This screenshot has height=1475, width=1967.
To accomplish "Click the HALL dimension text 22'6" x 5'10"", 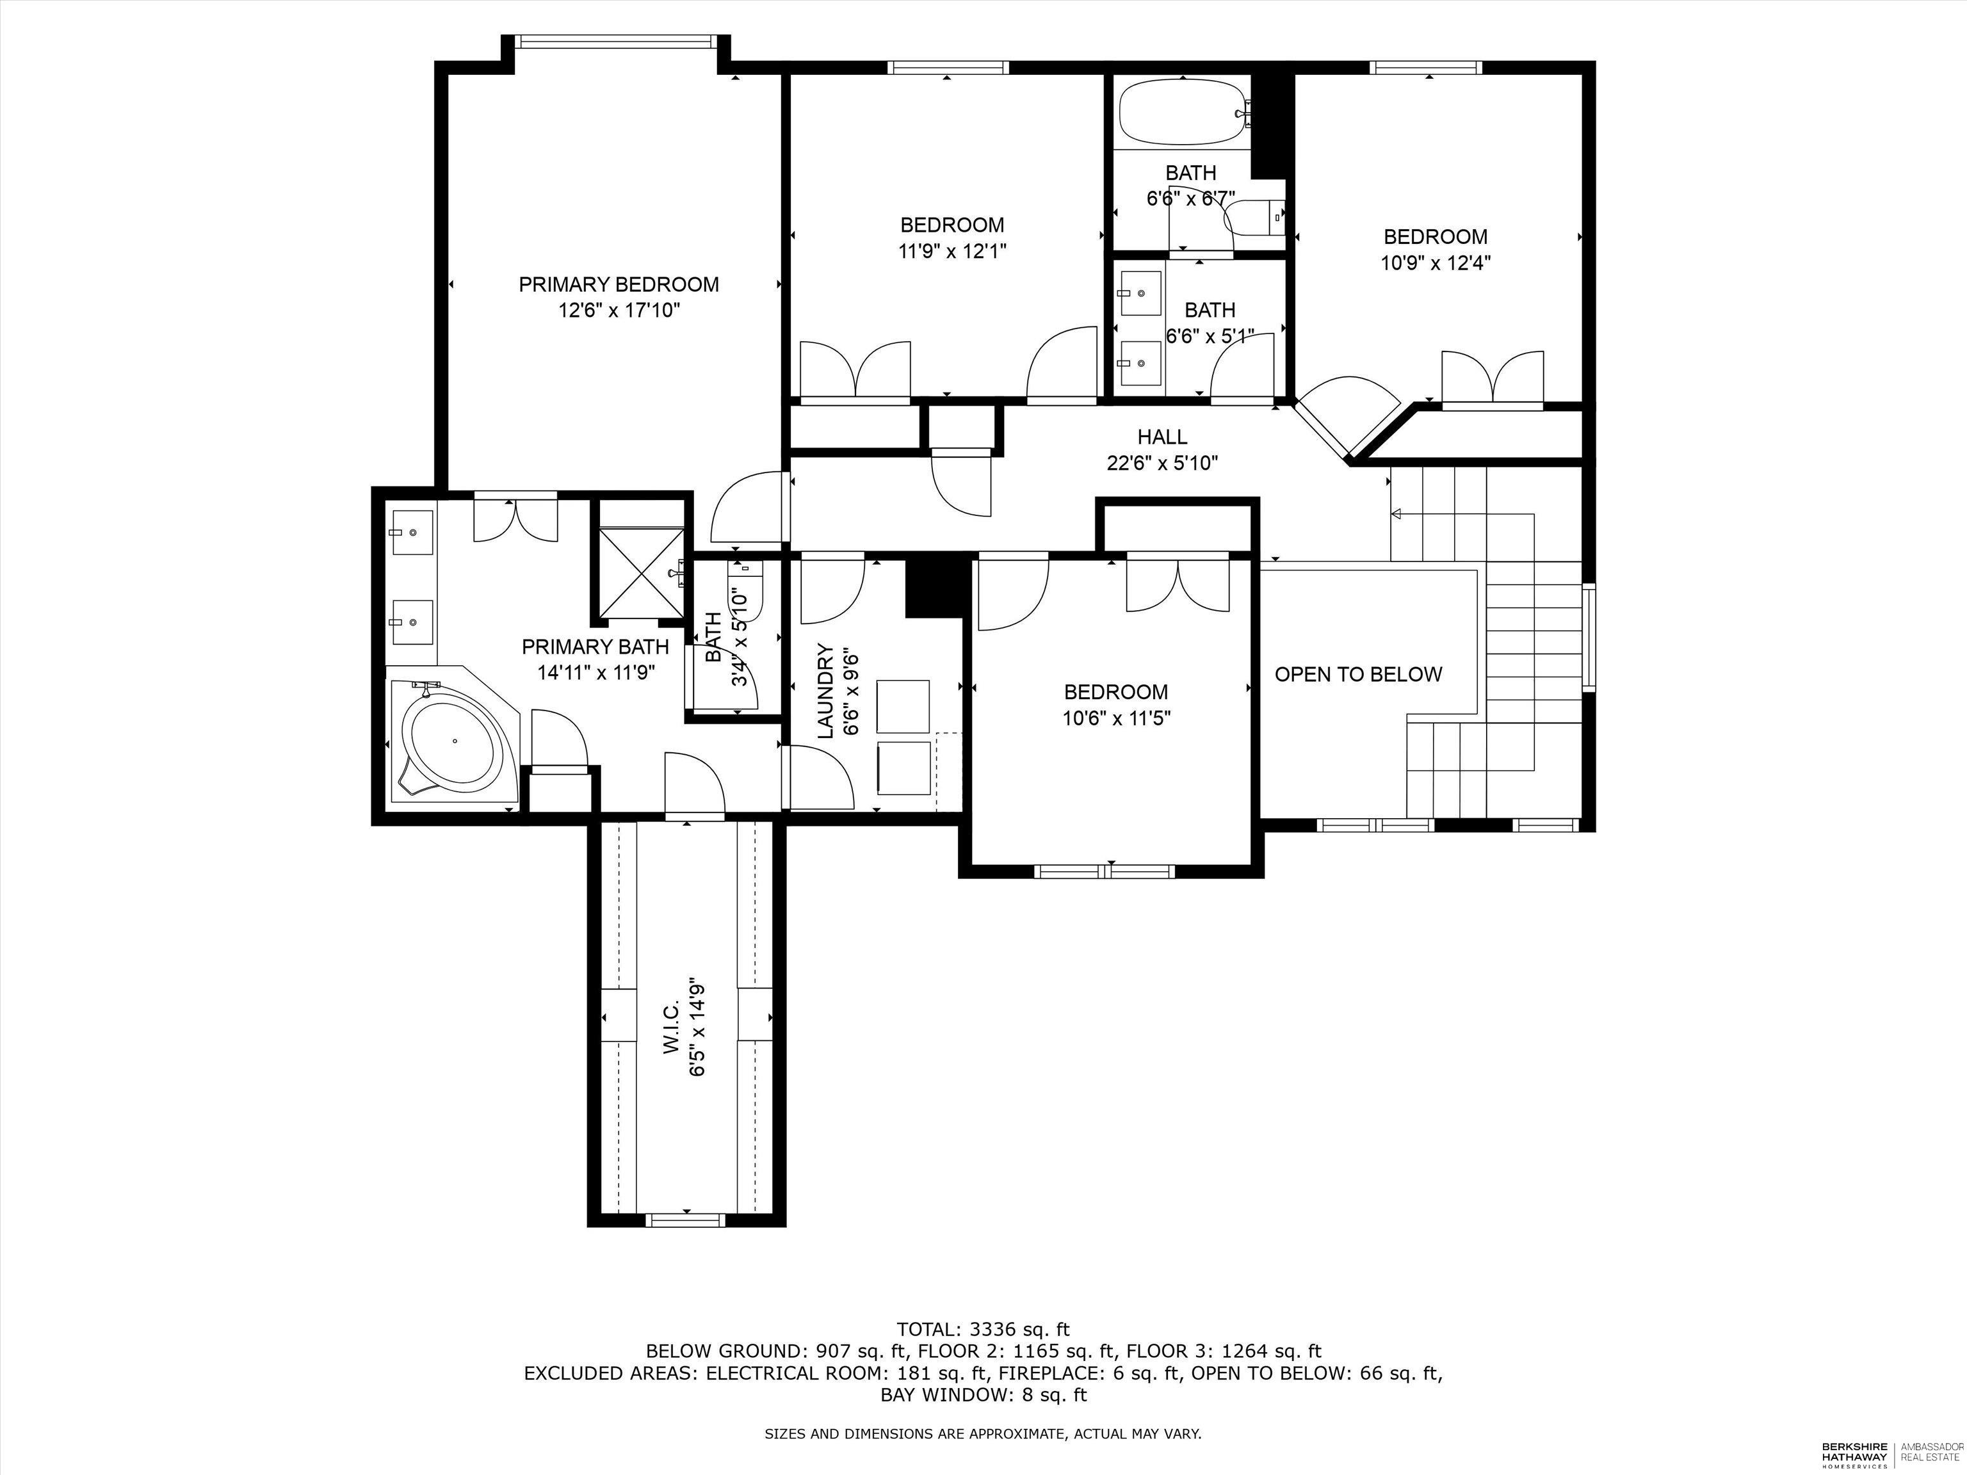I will point(1162,462).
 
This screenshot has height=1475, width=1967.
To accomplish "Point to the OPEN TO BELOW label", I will point(1358,675).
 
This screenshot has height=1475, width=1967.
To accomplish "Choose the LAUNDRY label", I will point(826,691).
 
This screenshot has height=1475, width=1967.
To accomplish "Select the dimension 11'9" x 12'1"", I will point(951,252).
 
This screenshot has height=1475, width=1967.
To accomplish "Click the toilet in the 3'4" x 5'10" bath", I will point(745,587).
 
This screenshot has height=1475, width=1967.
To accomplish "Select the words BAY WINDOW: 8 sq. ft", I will point(983,1395).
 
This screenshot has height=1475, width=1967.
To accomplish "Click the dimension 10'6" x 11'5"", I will point(1116,718).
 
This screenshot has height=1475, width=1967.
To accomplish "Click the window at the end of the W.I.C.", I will point(686,1219).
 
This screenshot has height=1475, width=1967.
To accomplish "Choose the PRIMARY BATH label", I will point(595,647).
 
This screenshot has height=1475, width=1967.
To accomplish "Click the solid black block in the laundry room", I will point(934,587).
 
